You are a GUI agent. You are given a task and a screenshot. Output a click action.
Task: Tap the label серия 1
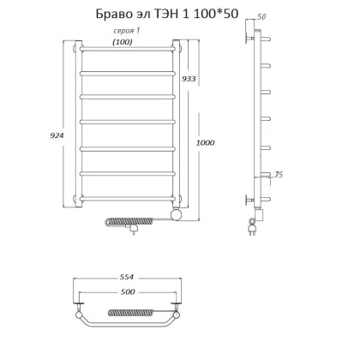coord(126,31)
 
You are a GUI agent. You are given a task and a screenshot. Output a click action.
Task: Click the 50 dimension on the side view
coord(261,17)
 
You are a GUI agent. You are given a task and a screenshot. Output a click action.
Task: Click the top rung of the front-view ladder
coord(128,51)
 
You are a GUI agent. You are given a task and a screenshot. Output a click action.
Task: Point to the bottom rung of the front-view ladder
coord(128,201)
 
